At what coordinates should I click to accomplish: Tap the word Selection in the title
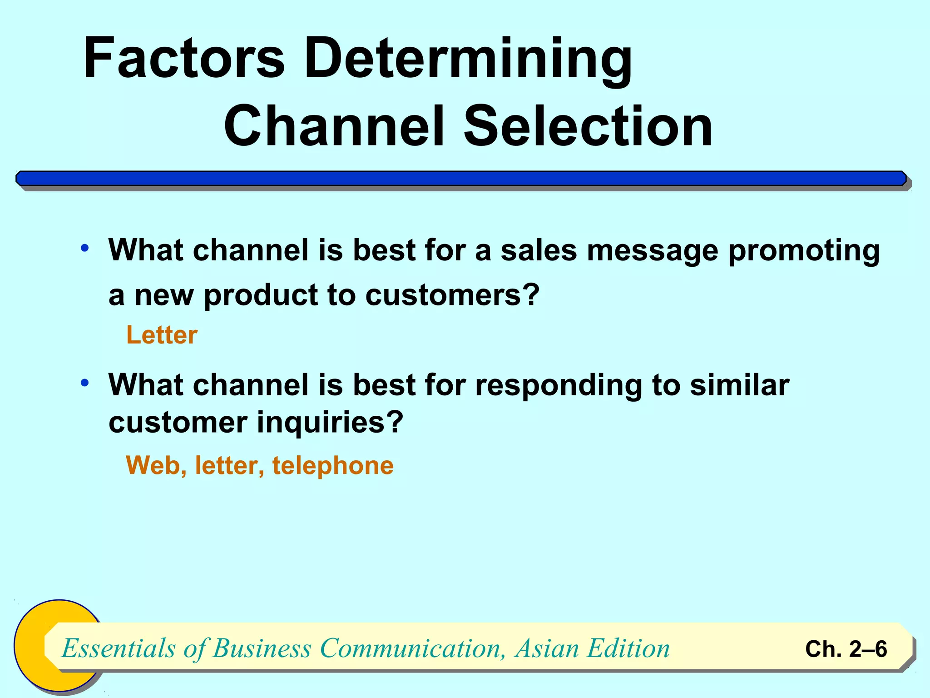click(588, 126)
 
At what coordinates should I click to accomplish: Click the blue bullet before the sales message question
click(85, 248)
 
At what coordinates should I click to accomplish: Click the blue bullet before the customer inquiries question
click(85, 383)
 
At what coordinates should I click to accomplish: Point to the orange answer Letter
click(162, 335)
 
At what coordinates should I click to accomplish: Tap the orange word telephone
click(333, 465)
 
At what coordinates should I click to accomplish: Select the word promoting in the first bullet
click(804, 251)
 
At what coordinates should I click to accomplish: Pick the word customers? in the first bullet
click(452, 295)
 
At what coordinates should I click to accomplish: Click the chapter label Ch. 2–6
click(846, 649)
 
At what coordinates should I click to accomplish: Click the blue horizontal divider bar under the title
click(461, 179)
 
